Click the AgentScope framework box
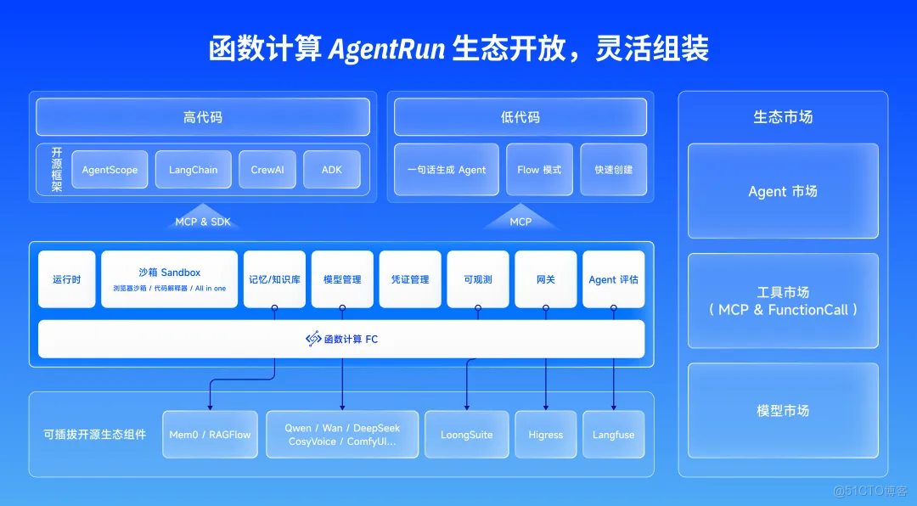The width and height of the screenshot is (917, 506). (x=110, y=170)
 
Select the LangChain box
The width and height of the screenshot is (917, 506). (x=193, y=170)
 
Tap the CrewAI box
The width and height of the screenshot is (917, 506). (x=267, y=170)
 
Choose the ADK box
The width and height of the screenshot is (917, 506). (x=331, y=170)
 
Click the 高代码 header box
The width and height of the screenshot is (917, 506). (x=203, y=117)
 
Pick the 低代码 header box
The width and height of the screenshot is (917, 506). (x=520, y=117)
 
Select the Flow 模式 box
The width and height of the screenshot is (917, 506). (x=539, y=170)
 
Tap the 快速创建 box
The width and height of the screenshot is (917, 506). (x=613, y=170)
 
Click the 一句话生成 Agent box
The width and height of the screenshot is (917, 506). (x=447, y=170)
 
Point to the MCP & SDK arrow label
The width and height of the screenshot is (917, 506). (x=202, y=222)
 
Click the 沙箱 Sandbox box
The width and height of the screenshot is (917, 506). (x=169, y=278)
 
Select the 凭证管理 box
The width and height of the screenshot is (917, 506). (x=410, y=279)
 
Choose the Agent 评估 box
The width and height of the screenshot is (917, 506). (x=613, y=279)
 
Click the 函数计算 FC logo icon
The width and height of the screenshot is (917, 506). (x=313, y=339)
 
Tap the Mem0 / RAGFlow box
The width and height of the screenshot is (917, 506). (x=210, y=435)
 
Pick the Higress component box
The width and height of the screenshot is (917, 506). (x=545, y=435)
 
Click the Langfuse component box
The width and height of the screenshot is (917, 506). (x=613, y=435)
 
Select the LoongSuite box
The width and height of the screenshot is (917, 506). (x=466, y=435)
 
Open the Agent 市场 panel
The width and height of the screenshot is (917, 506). (x=782, y=191)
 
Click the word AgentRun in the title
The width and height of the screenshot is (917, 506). (x=386, y=48)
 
